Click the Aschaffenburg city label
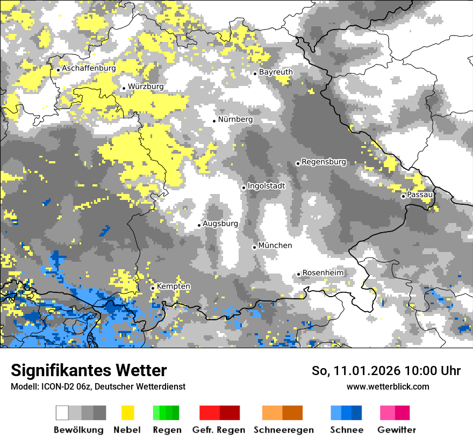click(89, 69)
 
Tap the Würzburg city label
click(146, 87)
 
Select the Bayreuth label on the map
click(276, 72)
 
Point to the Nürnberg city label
click(235, 119)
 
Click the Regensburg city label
click(324, 162)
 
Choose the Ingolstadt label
click(266, 186)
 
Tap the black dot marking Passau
click(403, 196)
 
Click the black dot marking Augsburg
click(199, 225)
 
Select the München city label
click(275, 246)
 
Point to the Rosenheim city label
click(322, 273)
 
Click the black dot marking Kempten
click(153, 288)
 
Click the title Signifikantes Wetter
click(89, 371)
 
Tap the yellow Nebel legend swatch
click(127, 413)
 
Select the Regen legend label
click(166, 430)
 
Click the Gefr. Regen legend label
click(219, 430)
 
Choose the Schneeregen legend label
click(283, 430)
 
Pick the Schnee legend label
click(346, 430)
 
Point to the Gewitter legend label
click(396, 430)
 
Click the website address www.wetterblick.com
click(388, 386)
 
